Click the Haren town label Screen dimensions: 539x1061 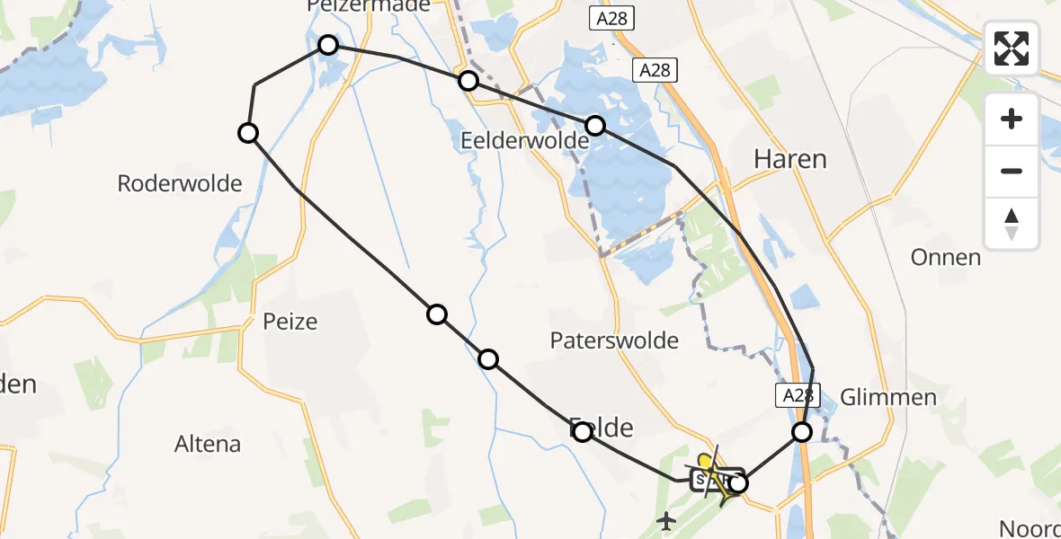point(789,159)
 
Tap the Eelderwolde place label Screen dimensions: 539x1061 point(524,141)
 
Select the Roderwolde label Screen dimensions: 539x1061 point(180,184)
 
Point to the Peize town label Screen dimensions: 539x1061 point(290,321)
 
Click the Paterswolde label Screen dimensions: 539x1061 point(614,340)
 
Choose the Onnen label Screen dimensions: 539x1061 point(945,258)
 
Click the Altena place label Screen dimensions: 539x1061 point(208,444)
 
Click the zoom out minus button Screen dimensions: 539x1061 point(1012,171)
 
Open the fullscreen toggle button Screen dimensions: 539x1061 point(1012,49)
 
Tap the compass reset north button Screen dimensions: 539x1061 point(1012,223)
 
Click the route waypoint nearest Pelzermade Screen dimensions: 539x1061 point(328,45)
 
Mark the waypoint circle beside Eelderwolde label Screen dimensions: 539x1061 point(594,125)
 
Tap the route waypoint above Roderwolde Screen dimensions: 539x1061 point(248,133)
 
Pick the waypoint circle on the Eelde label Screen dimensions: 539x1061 point(582,432)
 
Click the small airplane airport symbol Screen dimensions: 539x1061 point(666,519)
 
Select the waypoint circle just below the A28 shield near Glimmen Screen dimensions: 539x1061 point(801,432)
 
